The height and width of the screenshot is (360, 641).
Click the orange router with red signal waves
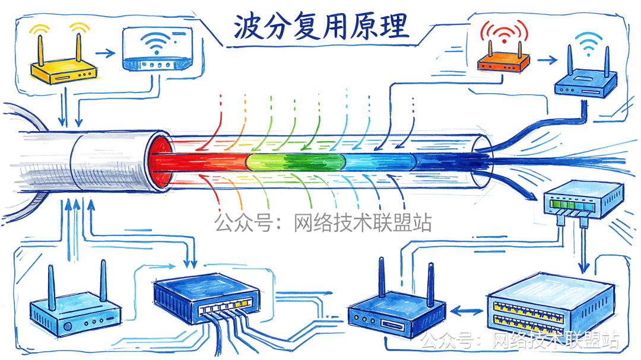click(x=503, y=58)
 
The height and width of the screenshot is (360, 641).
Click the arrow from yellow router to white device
click(x=106, y=53)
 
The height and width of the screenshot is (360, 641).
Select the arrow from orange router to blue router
click(x=545, y=59)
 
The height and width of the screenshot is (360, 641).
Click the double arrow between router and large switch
click(x=467, y=310)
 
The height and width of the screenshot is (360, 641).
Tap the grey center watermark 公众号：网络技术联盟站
click(x=323, y=223)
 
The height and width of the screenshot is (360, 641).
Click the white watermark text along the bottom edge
click(x=520, y=340)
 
